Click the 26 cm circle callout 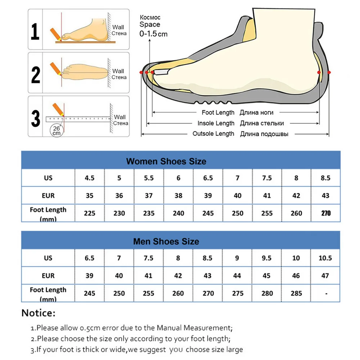[57, 130]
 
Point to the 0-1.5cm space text [153, 34]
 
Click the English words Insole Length [216, 123]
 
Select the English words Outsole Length [213, 134]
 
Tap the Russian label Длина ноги [256, 113]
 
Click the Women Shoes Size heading [166, 161]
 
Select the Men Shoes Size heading [166, 241]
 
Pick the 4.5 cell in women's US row [89, 178]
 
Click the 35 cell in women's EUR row [89, 195]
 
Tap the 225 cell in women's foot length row [89, 213]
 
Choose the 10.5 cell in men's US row [325, 258]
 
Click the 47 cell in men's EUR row [325, 276]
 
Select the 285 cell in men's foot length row [296, 293]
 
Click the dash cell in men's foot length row [326, 293]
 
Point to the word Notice [39, 313]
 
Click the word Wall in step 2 [118, 71]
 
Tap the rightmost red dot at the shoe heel [329, 72]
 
